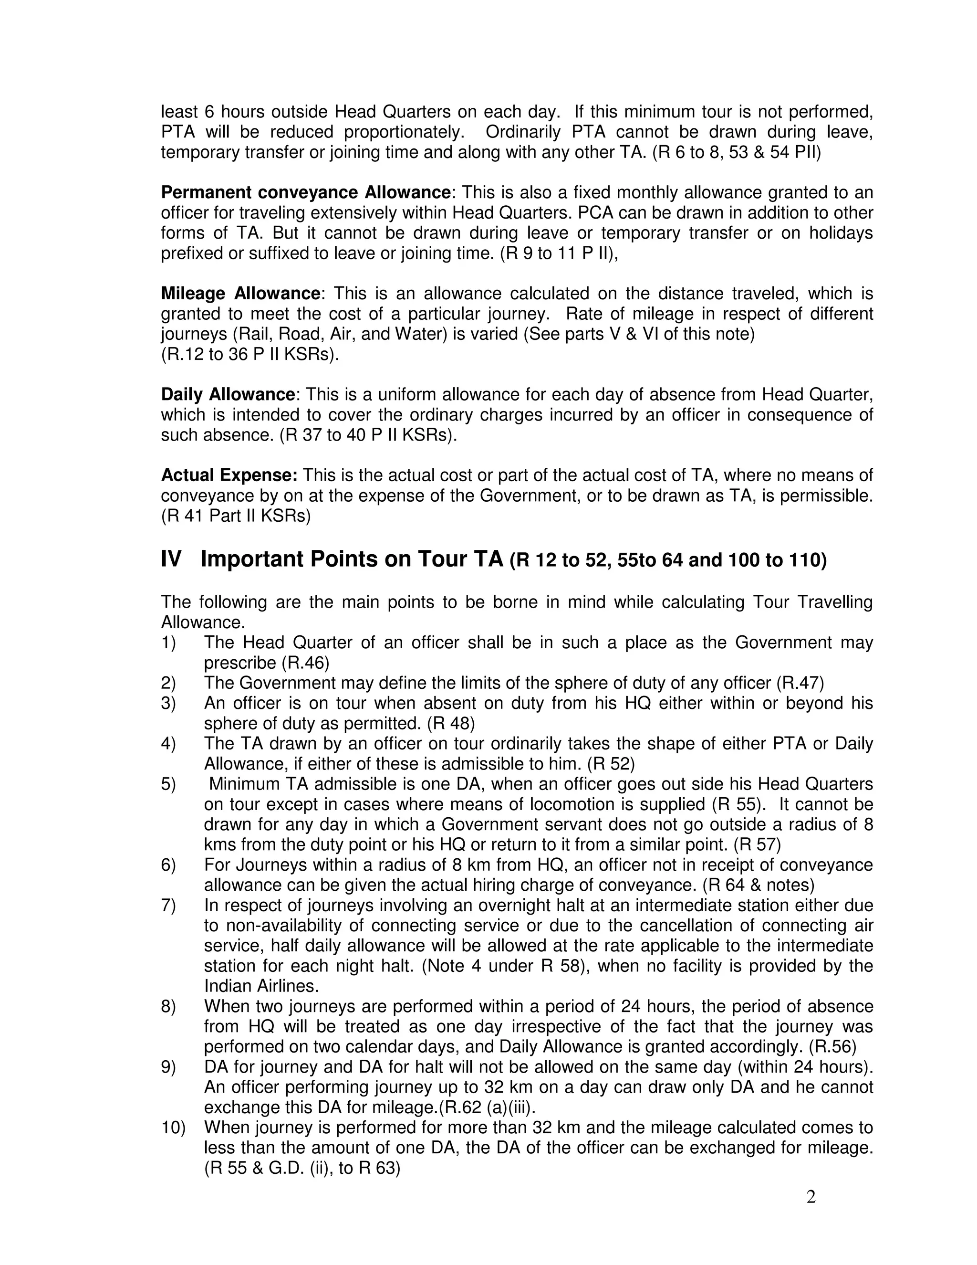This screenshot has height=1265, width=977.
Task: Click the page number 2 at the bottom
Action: (x=811, y=1197)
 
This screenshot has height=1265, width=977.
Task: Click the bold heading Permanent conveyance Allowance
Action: (x=306, y=192)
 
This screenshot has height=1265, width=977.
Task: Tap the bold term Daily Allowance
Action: (x=228, y=394)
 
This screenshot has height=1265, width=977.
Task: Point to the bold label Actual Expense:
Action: (x=229, y=475)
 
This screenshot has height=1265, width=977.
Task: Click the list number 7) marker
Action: (x=168, y=905)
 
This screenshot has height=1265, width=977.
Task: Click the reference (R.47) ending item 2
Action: (x=800, y=683)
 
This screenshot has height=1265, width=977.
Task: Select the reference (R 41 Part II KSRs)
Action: (x=236, y=516)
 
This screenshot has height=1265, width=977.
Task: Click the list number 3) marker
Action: (x=168, y=703)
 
